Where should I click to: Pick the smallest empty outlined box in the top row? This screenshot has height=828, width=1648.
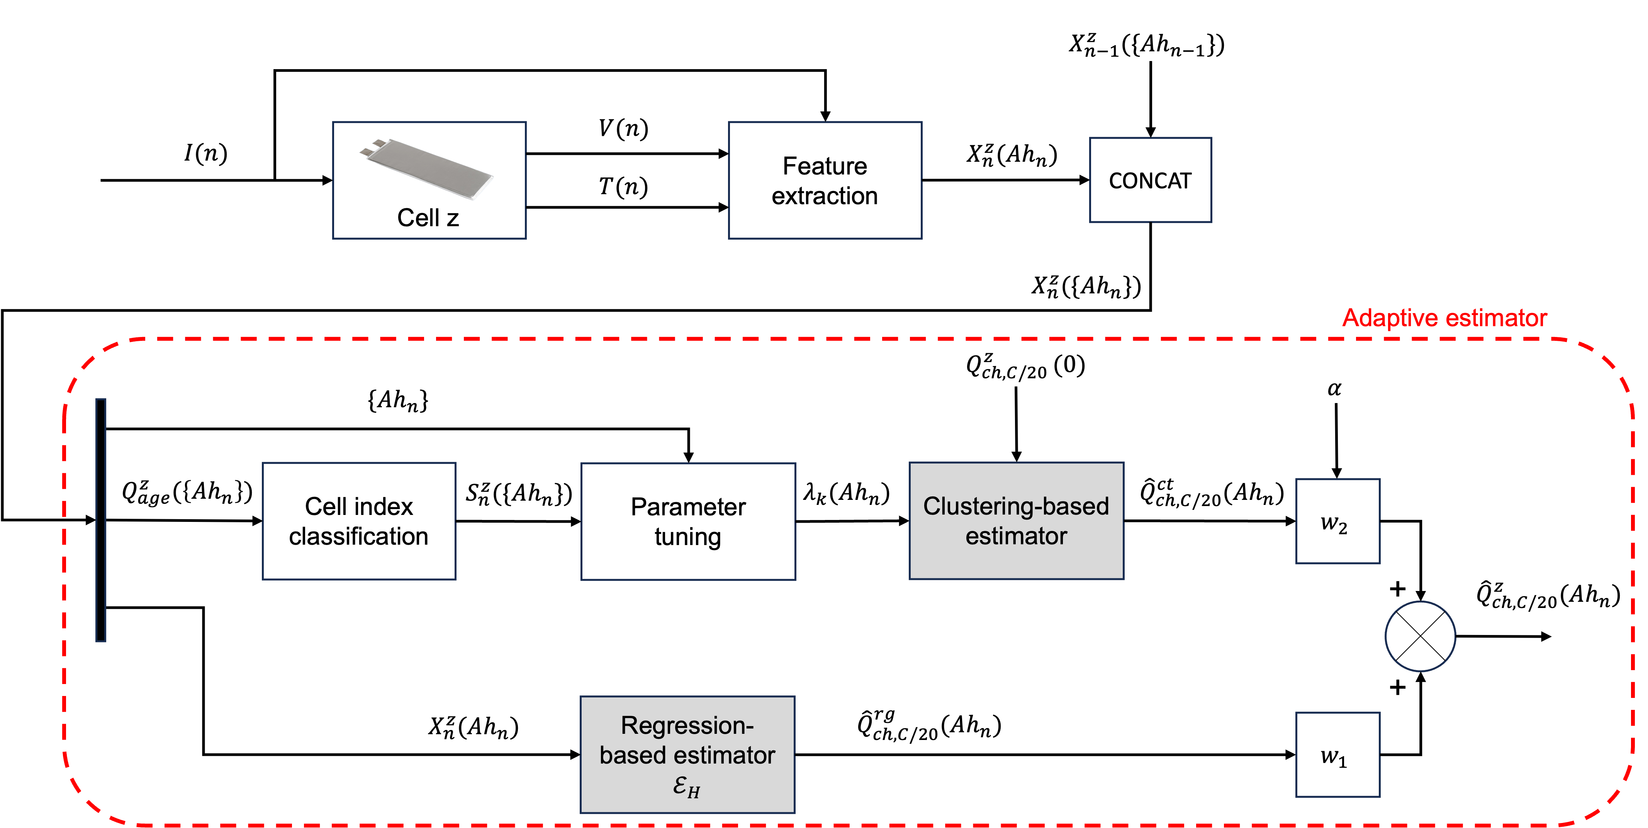pyautogui.click(x=1150, y=179)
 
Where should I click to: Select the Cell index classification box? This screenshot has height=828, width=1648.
pyautogui.click(x=359, y=521)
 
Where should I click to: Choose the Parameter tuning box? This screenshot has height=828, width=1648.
pyautogui.click(x=688, y=521)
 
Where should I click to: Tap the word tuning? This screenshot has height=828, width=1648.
pyautogui.click(x=688, y=537)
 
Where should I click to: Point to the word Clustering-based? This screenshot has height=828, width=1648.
pyautogui.click(x=1016, y=506)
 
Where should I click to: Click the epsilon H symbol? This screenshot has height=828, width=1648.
pyautogui.click(x=686, y=786)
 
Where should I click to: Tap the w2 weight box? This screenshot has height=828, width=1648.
pyautogui.click(x=1337, y=521)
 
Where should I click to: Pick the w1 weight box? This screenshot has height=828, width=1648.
pyautogui.click(x=1337, y=755)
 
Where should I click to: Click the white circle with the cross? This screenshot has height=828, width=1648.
pyautogui.click(x=1420, y=636)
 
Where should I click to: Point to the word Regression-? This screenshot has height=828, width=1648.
pyautogui.click(x=687, y=726)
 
